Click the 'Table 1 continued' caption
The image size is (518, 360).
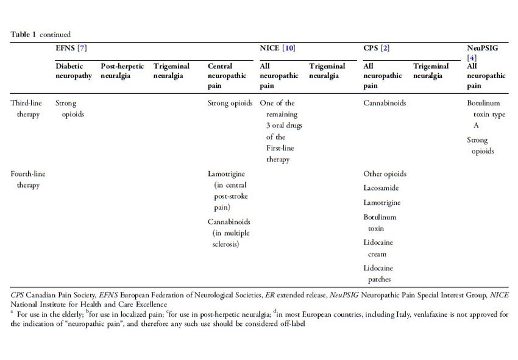[x=40, y=34]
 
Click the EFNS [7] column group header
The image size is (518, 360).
[x=72, y=48]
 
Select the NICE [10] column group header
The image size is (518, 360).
[x=277, y=48]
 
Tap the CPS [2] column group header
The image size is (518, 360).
[x=376, y=48]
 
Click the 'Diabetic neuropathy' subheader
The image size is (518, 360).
[x=74, y=71]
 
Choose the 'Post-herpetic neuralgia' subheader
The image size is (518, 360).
[x=122, y=71]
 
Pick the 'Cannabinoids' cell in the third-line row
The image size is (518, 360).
[x=385, y=103]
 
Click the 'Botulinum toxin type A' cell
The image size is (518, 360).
[x=486, y=115]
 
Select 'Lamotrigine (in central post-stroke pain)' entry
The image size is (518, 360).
[x=229, y=190]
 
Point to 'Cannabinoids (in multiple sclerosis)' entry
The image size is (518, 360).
[x=229, y=233]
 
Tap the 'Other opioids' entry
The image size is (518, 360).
[x=385, y=174]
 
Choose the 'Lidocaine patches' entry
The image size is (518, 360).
[x=378, y=274]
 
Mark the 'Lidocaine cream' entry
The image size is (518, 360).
[x=378, y=248]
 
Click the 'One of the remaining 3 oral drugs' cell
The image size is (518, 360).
[x=281, y=131]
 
